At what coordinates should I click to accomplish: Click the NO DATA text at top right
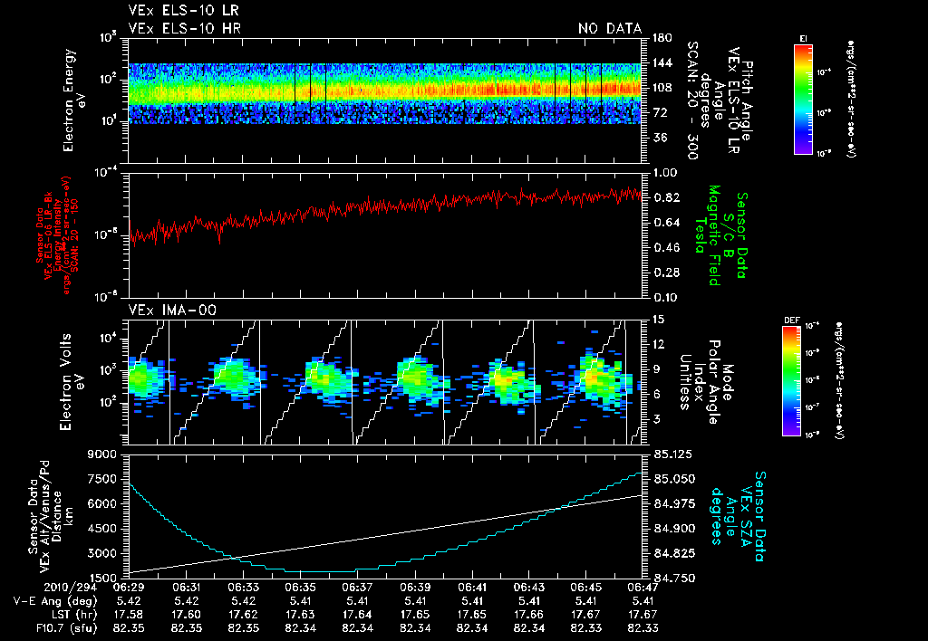pyautogui.click(x=609, y=29)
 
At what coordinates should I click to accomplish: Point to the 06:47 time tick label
pyautogui.click(x=643, y=587)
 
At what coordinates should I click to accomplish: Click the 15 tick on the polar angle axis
pyautogui.click(x=656, y=320)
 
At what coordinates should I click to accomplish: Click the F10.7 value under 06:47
pyautogui.click(x=643, y=627)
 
